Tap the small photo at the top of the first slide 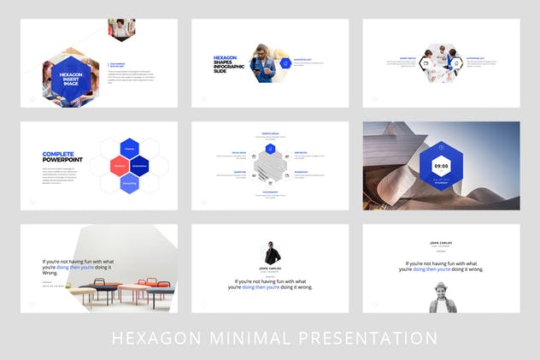point(121,29)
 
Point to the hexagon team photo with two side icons point(441,63)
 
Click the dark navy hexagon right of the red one point(140,165)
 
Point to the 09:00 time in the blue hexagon point(441,165)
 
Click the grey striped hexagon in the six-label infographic point(270,166)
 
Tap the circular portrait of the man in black point(270,253)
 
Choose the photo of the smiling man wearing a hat point(441,297)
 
